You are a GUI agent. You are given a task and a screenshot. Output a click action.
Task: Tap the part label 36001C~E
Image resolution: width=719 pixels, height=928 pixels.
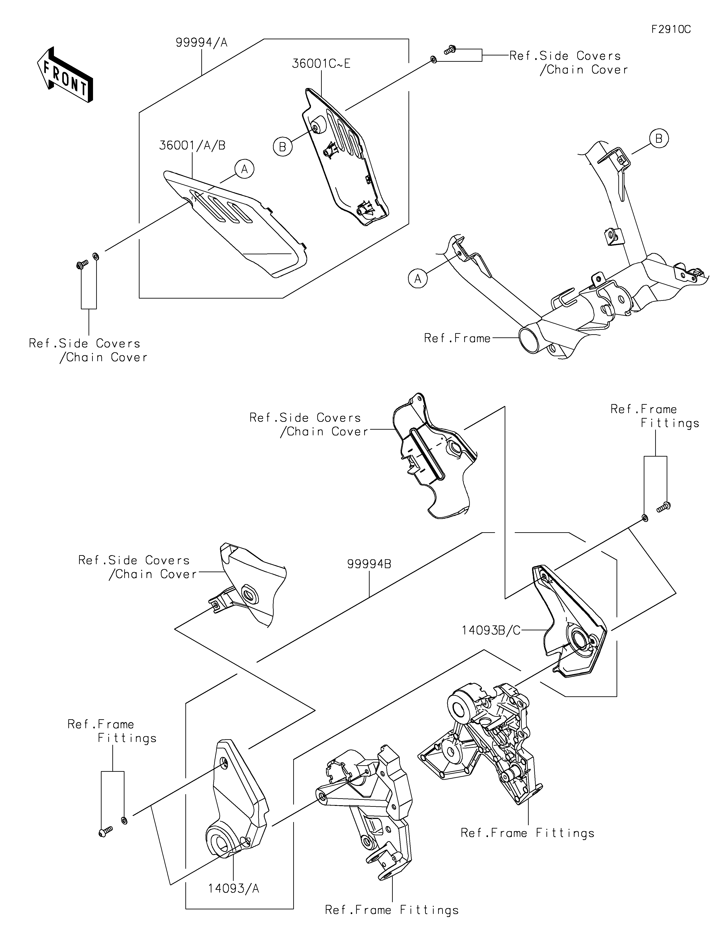click(x=321, y=64)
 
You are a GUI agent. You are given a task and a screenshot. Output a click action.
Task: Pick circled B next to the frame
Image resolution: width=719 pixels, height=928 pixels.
click(x=659, y=139)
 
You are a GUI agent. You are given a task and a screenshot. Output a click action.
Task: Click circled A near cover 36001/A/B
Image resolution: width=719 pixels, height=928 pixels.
click(x=244, y=169)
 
